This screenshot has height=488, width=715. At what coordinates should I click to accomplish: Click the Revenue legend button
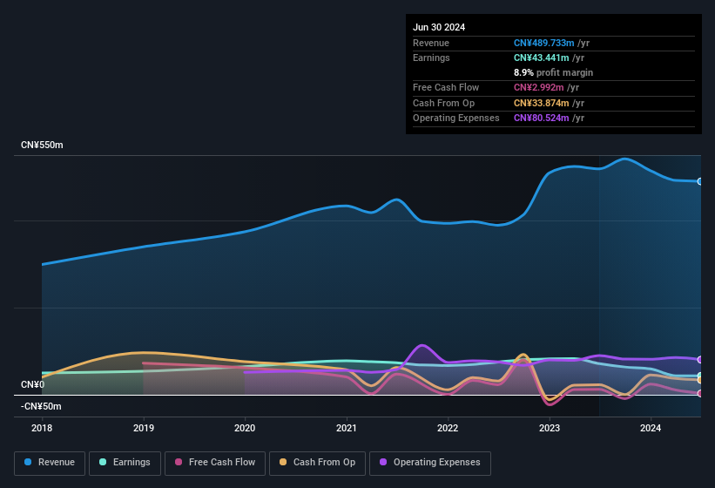(51, 462)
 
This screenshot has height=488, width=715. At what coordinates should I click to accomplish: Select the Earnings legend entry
(125, 462)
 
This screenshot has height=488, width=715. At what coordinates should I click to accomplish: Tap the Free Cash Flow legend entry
(216, 462)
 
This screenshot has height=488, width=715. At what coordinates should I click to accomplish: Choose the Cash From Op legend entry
(318, 462)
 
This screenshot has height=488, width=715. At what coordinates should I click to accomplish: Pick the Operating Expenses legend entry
(430, 462)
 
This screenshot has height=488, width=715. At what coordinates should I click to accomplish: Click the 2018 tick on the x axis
(42, 428)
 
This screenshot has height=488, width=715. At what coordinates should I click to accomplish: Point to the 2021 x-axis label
(347, 428)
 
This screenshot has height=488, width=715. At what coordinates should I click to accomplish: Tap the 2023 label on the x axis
(550, 428)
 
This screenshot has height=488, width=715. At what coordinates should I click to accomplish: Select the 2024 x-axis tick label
(651, 428)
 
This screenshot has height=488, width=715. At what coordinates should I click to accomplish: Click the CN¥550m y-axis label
(42, 145)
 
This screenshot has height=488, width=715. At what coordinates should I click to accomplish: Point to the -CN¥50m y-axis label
(41, 406)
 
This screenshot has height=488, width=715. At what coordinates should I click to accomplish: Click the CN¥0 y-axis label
(33, 384)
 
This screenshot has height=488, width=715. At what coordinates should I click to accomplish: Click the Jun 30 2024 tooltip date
(439, 27)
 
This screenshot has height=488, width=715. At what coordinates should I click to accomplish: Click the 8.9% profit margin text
(553, 72)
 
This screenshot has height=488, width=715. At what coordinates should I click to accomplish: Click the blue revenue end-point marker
(700, 181)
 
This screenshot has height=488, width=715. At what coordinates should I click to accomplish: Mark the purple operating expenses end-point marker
(700, 359)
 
